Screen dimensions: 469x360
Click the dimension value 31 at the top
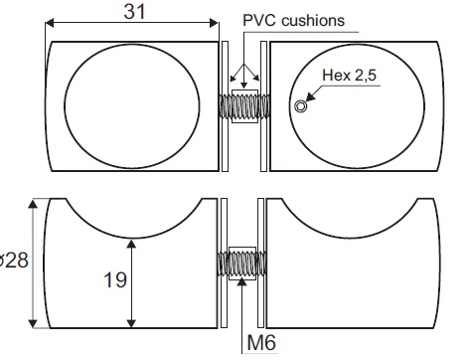coord(134,12)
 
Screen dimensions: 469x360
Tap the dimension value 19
coord(115,279)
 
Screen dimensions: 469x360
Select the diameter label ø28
coord(14,260)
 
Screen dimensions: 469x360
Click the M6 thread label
coord(261,342)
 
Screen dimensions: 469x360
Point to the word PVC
coord(259,20)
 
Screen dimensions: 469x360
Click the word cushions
coord(313,20)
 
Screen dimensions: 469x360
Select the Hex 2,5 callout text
coord(350,75)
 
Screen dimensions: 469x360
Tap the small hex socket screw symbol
coord(300,106)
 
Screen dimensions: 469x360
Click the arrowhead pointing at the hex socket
coord(310,96)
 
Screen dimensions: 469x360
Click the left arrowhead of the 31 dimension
coord(50,23)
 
